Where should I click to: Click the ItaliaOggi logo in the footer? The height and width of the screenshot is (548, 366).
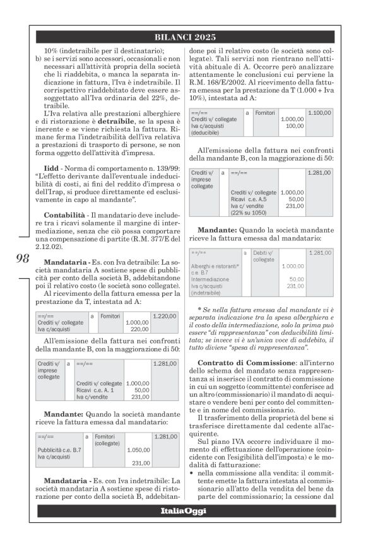[x=182, y=510]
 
